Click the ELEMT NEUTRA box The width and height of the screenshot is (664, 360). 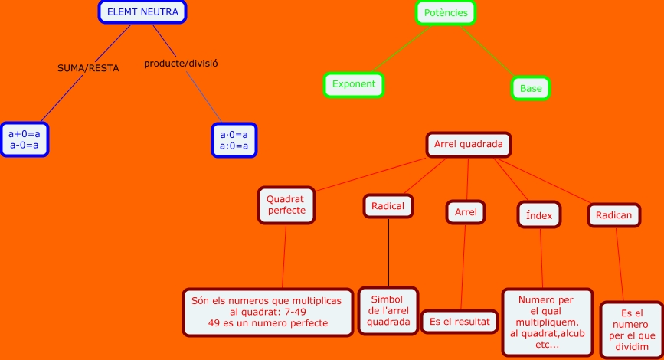coord(143,12)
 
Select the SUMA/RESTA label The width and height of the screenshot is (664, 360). coord(88,68)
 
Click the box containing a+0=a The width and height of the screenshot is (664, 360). coord(25,139)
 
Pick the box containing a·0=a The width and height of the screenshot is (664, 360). coord(234,140)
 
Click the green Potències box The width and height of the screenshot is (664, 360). coord(446,13)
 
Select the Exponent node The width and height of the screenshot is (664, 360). coord(353,84)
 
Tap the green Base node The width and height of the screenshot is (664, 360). coord(531,88)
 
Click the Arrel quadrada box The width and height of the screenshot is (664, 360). coord(468,144)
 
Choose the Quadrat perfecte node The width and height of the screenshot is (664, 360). coord(286,205)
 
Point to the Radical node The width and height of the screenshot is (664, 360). coord(388,206)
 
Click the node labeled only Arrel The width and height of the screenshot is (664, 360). coord(466,211)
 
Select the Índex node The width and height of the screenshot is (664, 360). coord(539,215)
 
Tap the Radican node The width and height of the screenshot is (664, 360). coord(613,215)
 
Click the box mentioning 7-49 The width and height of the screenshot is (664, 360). coord(267,312)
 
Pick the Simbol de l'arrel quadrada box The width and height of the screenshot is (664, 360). coord(388,310)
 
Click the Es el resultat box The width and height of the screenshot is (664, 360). coord(460,321)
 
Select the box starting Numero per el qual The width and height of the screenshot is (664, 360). coord(546,322)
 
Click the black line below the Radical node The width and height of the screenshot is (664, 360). coord(389,253)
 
